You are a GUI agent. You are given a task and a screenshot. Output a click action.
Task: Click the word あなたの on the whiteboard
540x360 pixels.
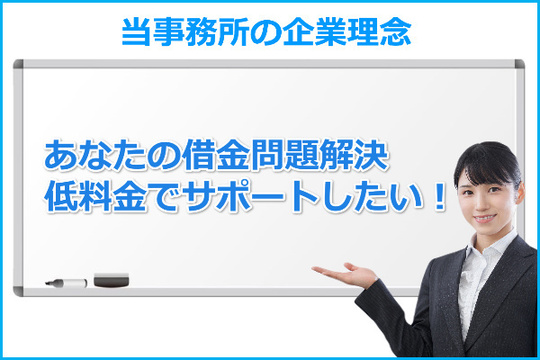(x=97, y=157)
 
